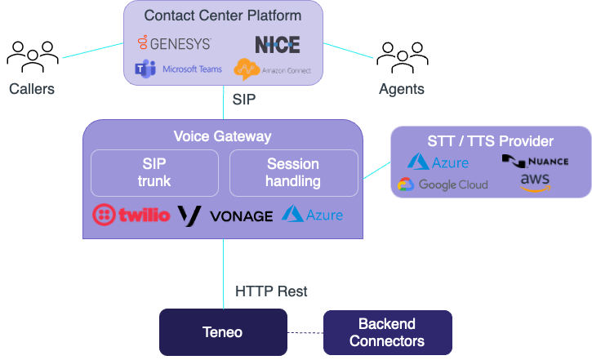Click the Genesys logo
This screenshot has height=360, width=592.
[x=174, y=43]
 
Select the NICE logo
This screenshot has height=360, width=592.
[x=277, y=44]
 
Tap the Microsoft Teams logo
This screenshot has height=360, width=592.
[x=178, y=69]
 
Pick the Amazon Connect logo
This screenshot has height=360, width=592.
[x=272, y=70]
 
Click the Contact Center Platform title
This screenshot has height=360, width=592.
[x=222, y=16]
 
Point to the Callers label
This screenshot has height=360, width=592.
[x=32, y=88]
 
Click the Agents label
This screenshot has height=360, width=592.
[x=402, y=88]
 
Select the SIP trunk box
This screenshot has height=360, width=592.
[x=154, y=172]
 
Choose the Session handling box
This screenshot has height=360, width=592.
[x=293, y=172]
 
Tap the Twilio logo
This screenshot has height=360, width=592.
[x=131, y=216]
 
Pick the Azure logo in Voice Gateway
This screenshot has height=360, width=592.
[x=312, y=215]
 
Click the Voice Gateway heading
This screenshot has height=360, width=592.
[x=222, y=136]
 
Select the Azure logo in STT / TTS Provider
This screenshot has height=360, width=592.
[x=438, y=162]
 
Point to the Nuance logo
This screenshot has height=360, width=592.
[x=535, y=160]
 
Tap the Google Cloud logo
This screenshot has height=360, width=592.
[x=443, y=184]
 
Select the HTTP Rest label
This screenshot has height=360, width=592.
[x=271, y=291]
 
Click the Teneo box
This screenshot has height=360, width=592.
[x=223, y=332]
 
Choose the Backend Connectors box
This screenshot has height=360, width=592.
[x=387, y=332]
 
